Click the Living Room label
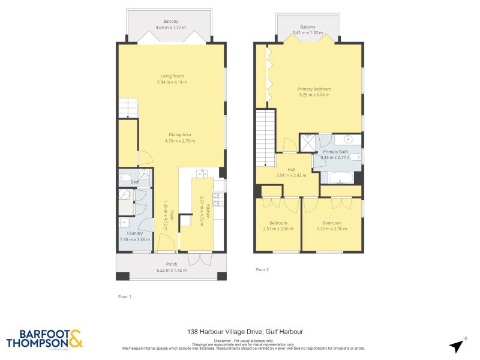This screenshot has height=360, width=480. tap(172, 76)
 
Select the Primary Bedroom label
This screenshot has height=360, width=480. tap(314, 89)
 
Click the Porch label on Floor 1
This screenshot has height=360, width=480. tap(171, 264)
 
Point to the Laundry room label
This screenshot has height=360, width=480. tap(134, 233)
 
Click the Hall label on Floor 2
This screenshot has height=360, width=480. tap(291, 169)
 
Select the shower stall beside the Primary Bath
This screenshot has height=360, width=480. tap(309, 143)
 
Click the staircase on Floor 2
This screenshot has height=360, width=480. tap(265, 138)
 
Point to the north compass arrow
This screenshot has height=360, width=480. tap(457, 346)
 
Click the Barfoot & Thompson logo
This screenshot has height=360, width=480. tap(44, 339)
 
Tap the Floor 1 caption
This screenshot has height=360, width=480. tap(125, 296)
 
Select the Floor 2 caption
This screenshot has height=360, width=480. tap(262, 270)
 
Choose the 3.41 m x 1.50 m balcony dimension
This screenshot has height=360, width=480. tap(308, 33)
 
